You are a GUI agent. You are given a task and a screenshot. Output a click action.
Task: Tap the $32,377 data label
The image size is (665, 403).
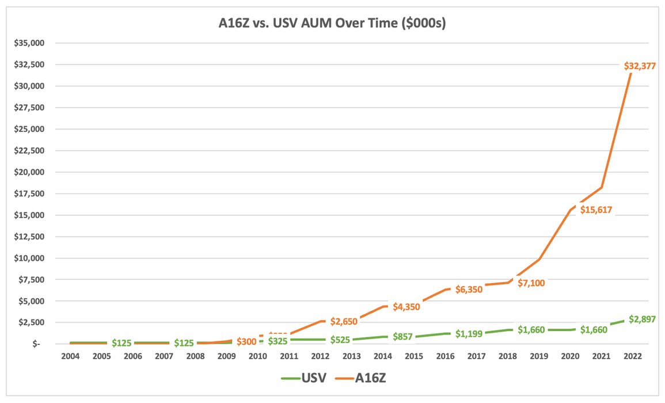[640, 66]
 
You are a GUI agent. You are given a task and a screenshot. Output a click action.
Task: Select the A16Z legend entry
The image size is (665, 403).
[363, 378]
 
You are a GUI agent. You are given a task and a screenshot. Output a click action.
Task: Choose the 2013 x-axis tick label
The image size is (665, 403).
[356, 357]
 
